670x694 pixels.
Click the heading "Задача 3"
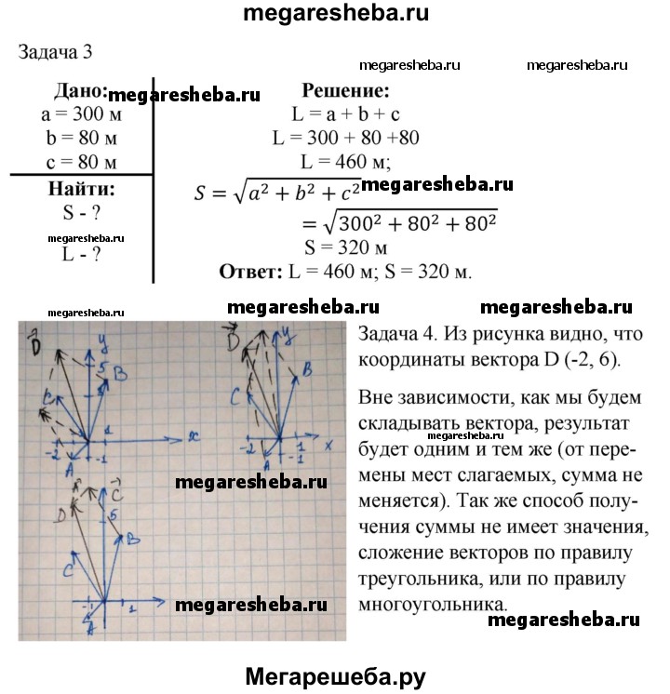[x=55, y=51]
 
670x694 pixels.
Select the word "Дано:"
[x=81, y=92]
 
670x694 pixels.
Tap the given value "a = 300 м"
[x=81, y=116]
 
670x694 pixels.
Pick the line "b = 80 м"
[x=82, y=140]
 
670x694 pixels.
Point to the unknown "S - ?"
[x=81, y=212]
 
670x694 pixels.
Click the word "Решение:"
[x=344, y=91]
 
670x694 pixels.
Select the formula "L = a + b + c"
[x=344, y=115]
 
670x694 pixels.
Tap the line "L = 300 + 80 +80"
[x=345, y=139]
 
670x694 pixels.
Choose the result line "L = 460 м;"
[x=345, y=162]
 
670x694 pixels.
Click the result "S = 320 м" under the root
[x=345, y=248]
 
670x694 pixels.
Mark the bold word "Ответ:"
[x=249, y=273]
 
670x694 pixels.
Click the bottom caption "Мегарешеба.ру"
[x=334, y=675]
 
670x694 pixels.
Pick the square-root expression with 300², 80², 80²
[x=409, y=223]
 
